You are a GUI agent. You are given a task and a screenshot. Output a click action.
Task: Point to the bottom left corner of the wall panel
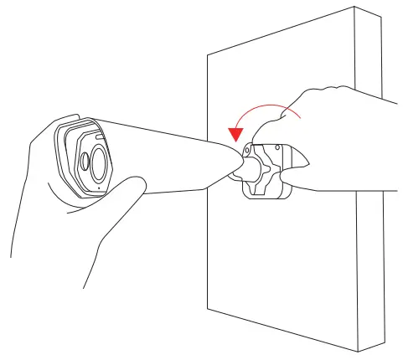[207, 303]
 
